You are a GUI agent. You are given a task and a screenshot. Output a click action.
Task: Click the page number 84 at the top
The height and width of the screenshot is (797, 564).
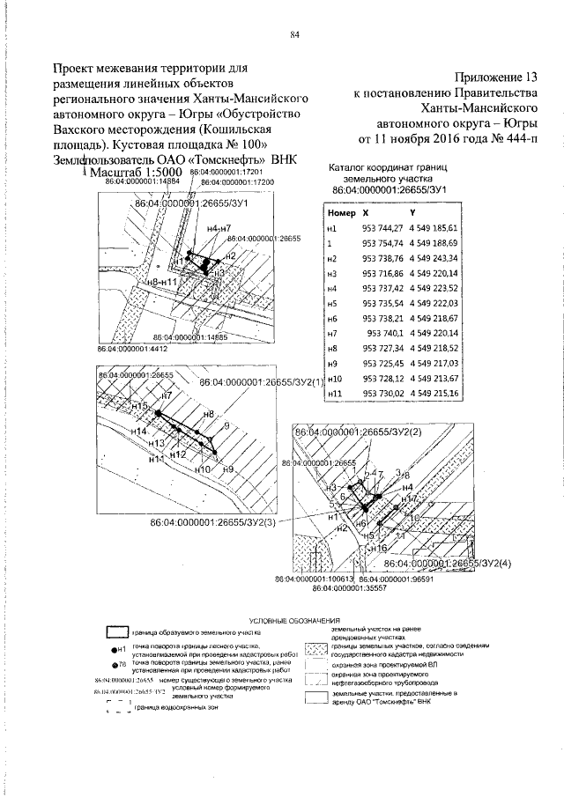295,35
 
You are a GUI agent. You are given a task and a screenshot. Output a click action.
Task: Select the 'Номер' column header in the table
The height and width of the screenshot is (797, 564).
340,213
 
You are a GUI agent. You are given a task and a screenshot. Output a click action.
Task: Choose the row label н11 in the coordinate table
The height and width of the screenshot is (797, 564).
333,393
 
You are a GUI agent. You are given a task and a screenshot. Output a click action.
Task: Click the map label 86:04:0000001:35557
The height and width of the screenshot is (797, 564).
353,587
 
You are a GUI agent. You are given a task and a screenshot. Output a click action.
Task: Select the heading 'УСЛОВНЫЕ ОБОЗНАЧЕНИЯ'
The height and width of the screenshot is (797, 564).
295,621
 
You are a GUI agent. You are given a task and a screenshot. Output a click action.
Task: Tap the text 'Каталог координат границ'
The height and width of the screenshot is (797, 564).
389,166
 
